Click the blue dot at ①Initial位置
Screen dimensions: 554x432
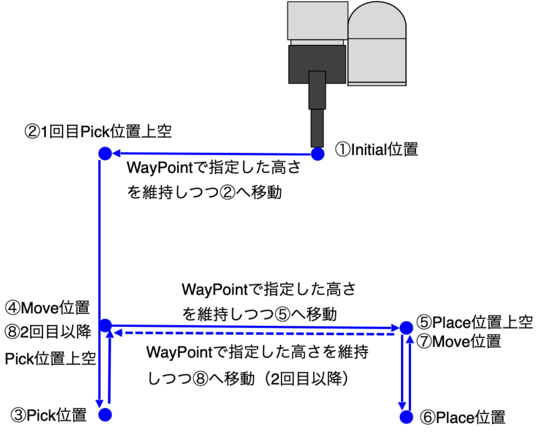tap(318, 154)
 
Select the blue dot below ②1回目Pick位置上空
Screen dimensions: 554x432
tap(105, 153)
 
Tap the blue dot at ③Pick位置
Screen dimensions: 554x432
tap(105, 415)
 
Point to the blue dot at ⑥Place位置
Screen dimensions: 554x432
tap(406, 417)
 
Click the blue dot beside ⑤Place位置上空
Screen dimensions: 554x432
tap(406, 328)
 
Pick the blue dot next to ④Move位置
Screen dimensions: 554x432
tap(105, 325)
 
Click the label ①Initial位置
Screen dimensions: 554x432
tap(376, 149)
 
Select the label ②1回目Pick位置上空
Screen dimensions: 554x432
tap(98, 132)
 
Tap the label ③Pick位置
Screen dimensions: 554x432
tap(48, 415)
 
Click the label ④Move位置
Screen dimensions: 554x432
tap(47, 308)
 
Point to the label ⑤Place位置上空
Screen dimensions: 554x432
tap(475, 322)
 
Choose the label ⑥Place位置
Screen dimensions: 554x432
tap(463, 417)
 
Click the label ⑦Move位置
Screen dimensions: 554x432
tap(458, 342)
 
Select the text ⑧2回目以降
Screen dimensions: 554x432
tap(48, 332)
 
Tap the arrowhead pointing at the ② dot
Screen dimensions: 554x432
tap(116, 153)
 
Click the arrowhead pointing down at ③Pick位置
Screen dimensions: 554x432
tap(99, 404)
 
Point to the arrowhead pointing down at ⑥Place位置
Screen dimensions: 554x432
tap(402, 406)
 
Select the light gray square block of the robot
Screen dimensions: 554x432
tap(318, 21)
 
